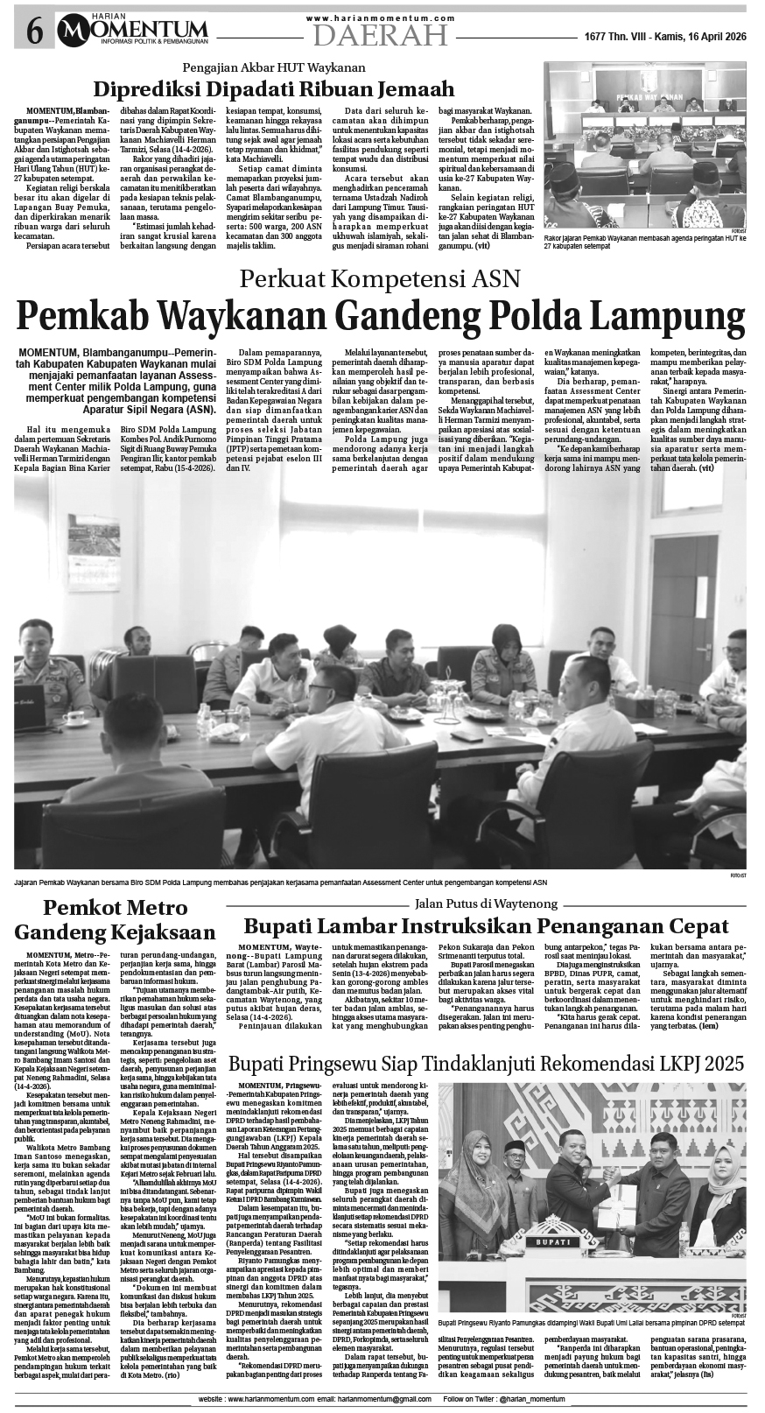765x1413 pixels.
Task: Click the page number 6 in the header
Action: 34,32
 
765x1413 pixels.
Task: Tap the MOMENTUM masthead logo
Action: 133,32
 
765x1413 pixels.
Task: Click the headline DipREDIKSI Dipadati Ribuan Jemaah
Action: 274,89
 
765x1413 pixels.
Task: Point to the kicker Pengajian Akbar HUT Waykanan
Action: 273,67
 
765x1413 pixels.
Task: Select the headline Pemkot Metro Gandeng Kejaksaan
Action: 116,918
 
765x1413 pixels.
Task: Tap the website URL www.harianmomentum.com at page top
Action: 380,18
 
